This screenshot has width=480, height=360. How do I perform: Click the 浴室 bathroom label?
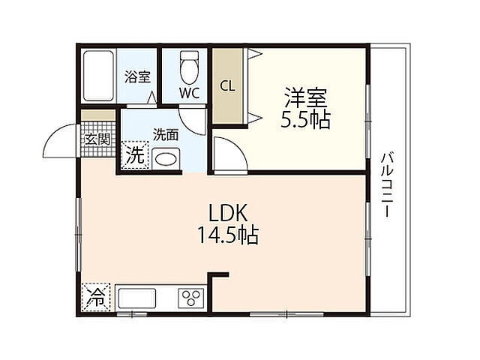pyautogui.click(x=137, y=77)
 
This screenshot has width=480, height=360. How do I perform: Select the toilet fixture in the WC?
pyautogui.click(x=188, y=69)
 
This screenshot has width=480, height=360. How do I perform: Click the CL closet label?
pyautogui.click(x=227, y=85)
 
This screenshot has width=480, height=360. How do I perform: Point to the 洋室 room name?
pyautogui.click(x=305, y=97)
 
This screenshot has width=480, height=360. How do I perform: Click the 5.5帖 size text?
pyautogui.click(x=305, y=119)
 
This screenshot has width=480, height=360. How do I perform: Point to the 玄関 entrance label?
pyautogui.click(x=97, y=139)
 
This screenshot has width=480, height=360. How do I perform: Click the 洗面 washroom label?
pyautogui.click(x=166, y=136)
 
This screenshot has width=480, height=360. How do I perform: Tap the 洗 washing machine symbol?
pyautogui.click(x=136, y=157)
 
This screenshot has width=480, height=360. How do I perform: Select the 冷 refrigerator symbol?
pyautogui.click(x=97, y=297)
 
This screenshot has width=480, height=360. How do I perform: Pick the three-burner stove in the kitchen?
pyautogui.click(x=191, y=297)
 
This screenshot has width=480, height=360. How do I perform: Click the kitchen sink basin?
pyautogui.click(x=136, y=297)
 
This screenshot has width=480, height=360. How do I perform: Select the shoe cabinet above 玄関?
pyautogui.click(x=98, y=115)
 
